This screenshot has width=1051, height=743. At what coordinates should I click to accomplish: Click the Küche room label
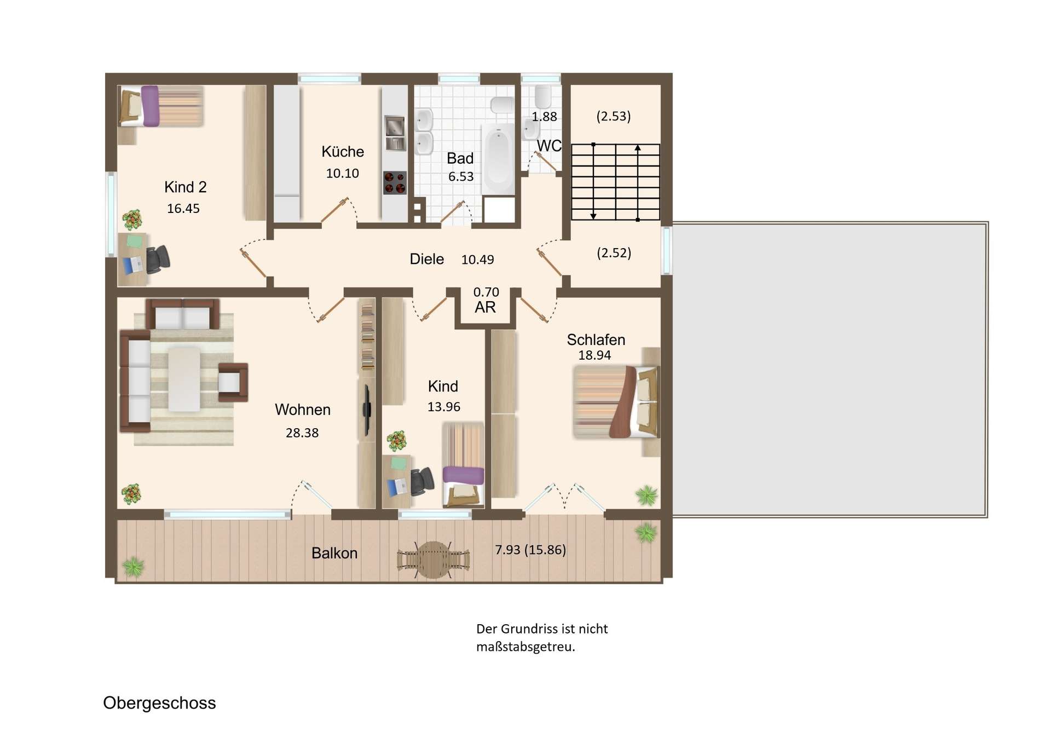coord(343,152)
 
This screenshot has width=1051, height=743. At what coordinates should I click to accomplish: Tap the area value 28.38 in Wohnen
coord(302,433)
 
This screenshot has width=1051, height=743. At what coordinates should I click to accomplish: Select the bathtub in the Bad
coord(498,159)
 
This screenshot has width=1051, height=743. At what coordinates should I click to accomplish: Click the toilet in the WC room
coord(543,97)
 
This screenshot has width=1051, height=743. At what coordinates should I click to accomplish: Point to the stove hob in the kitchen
coord(395,183)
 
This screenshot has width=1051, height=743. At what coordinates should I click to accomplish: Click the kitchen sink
coord(395,133)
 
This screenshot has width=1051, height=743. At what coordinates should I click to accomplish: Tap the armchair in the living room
coord(233,382)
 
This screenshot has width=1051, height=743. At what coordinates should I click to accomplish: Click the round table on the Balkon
coord(434,560)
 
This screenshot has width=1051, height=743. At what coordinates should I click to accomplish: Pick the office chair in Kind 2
coord(158,258)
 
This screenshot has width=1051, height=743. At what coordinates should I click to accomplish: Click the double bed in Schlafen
coord(616,401)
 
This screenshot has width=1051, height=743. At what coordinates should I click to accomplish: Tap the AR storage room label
coord(485,307)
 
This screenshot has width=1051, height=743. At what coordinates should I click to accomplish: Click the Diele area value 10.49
coord(477,260)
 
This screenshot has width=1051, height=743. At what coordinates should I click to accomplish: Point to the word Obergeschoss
coord(159,703)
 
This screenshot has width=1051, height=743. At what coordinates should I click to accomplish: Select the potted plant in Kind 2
coord(132,220)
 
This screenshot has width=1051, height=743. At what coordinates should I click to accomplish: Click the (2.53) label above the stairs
coord(613,116)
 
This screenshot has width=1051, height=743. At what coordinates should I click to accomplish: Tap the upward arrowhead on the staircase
coord(638,147)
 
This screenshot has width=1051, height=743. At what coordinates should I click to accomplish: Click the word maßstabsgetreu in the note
coord(525,647)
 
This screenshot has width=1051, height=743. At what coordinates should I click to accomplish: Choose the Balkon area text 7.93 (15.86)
coord(530,550)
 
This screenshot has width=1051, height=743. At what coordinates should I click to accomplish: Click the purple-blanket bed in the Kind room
coord(463,464)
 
